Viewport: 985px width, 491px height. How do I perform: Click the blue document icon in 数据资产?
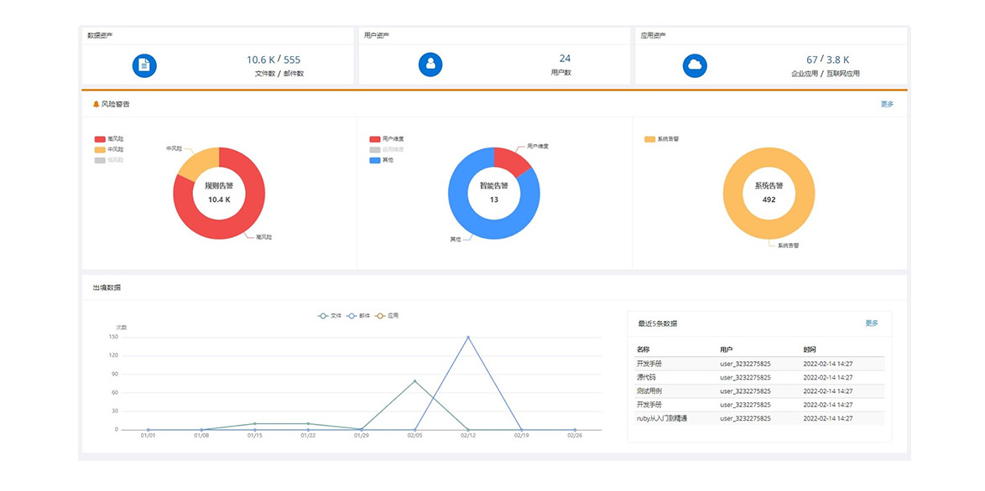[144, 65]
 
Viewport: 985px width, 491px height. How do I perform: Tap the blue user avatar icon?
[430, 65]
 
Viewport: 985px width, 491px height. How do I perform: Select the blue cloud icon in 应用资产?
[695, 65]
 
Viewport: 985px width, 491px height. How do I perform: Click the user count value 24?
[565, 59]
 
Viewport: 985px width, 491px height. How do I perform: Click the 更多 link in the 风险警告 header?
[887, 105]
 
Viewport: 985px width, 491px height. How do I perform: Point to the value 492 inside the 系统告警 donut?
[769, 199]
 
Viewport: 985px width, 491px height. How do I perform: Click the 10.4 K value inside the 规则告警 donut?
[219, 199]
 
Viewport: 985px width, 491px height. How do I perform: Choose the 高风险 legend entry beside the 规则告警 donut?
[109, 139]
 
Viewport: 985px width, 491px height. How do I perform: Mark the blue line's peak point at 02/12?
[468, 337]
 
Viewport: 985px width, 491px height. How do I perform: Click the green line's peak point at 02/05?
[414, 381]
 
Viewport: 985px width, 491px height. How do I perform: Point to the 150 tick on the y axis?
[113, 337]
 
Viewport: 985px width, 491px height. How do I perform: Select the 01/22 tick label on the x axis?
[308, 436]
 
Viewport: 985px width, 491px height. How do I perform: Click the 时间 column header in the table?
[809, 349]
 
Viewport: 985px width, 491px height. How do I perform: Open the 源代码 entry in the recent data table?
[647, 378]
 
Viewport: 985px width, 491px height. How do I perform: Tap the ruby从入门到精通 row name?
[662, 418]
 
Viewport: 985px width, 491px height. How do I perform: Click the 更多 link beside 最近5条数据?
[872, 323]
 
